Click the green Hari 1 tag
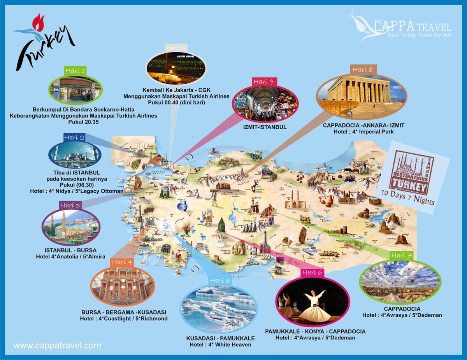click(75, 71)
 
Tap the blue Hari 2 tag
click(74, 137)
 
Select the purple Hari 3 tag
click(70, 205)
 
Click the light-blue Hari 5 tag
click(220, 281)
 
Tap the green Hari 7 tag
click(401, 255)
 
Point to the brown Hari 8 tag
click(362, 70)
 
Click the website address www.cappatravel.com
click(57, 345)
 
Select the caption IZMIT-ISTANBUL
click(265, 127)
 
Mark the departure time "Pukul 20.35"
click(83, 122)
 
